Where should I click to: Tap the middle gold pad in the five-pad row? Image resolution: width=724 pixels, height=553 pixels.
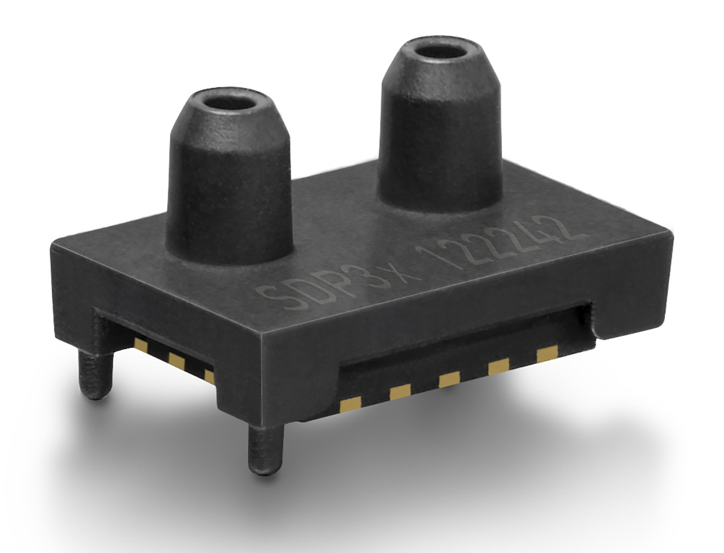(449, 381)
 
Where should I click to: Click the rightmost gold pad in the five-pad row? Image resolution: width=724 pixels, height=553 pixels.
(547, 355)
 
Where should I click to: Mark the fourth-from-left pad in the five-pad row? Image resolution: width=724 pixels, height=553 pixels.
(499, 367)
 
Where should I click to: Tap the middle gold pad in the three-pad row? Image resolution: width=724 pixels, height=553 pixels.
(177, 361)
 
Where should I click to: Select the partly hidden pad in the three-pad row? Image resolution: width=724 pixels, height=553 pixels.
(209, 374)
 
